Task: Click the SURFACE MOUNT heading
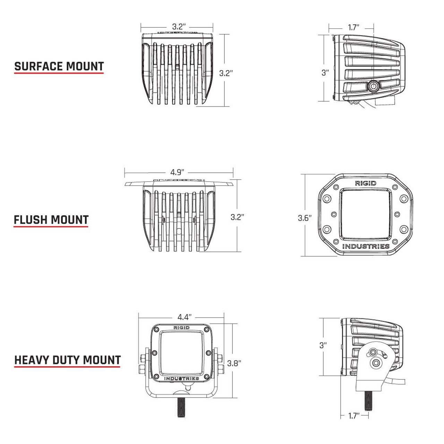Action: coord(59,66)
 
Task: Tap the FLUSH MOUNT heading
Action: coord(51,220)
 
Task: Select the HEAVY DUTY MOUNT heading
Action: coord(67,360)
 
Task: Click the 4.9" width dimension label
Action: coord(177,172)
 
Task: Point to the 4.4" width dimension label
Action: coord(185,317)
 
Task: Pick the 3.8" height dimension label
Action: coord(234,363)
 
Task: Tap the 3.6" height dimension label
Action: coord(305,218)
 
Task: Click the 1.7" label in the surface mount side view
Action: coord(353,27)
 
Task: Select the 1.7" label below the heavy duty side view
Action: coord(353,416)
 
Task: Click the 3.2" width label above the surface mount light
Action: coord(179,26)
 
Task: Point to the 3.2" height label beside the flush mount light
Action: coord(237,217)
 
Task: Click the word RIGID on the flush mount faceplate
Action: coord(365,183)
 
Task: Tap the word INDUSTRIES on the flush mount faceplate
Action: coord(366,246)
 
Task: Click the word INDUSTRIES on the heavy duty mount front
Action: coord(181,378)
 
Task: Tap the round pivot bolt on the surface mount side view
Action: coord(374,86)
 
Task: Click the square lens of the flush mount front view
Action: coord(366,215)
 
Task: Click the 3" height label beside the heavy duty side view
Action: coord(323,345)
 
